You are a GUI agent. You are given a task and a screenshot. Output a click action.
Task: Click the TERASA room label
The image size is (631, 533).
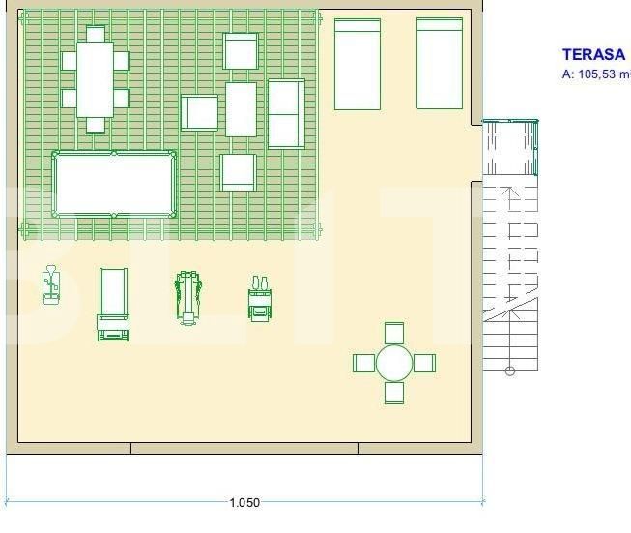click(593, 55)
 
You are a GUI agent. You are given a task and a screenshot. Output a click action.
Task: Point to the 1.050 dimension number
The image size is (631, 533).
click(244, 503)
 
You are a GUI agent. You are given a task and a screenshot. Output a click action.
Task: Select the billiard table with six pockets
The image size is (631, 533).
click(114, 184)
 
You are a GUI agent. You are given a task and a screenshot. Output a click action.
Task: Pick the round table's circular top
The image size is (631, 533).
click(393, 364)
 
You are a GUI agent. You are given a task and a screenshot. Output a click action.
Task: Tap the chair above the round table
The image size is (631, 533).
click(393, 333)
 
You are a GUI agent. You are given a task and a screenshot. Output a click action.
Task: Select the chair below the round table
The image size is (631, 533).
click(393, 393)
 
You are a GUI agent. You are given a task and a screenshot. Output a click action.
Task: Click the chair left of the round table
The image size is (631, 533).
click(363, 364)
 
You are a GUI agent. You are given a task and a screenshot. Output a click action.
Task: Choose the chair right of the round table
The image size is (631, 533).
click(424, 364)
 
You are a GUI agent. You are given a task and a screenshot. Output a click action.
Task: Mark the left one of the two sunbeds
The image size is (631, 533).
click(357, 64)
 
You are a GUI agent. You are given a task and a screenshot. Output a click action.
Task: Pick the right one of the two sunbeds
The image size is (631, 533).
click(440, 64)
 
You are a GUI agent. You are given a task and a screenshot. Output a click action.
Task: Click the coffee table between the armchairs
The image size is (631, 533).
click(241, 108)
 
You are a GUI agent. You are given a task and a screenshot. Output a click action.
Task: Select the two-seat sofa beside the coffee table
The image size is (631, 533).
click(286, 113)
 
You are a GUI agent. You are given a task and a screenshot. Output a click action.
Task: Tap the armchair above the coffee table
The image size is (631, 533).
click(241, 51)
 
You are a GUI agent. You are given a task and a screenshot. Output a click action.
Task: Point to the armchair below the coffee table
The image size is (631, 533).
click(238, 172)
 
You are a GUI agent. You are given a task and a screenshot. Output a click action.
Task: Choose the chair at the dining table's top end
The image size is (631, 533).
click(95, 34)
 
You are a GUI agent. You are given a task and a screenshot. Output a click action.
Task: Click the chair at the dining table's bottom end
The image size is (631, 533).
click(95, 124)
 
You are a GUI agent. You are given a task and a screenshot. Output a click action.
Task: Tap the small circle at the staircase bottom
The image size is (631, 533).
click(510, 370)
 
